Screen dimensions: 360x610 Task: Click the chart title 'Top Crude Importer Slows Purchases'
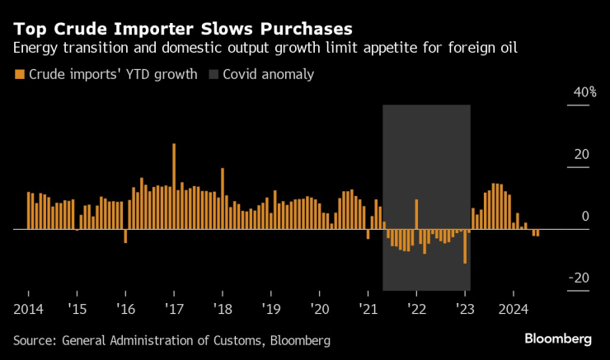point(171,26)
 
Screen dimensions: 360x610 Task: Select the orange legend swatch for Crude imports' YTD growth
point(18,75)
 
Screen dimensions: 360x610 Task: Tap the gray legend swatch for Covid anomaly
point(214,75)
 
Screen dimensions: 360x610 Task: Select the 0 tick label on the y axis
point(585,217)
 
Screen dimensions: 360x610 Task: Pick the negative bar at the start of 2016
point(125,236)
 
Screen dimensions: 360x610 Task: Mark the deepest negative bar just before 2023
point(465,245)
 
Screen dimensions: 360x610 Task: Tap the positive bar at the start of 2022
point(416,213)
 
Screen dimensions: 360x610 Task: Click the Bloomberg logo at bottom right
point(558,339)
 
